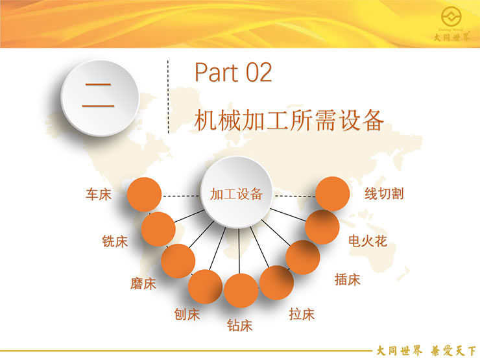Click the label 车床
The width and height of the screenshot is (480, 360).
coord(98,194)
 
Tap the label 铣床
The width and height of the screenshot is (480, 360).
coord(115,241)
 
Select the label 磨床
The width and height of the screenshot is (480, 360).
coord(143,283)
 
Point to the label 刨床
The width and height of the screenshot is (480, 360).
coord(187,314)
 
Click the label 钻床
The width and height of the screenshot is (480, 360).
coord(240,325)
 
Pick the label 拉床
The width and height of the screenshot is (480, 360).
coord(302,314)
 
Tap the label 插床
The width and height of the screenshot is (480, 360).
coord(347,280)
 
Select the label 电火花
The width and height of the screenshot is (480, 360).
coord(368,241)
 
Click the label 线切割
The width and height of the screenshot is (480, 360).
coord(384,194)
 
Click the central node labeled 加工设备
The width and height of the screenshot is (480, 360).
coord(236,192)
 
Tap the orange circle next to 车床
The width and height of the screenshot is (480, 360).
coord(144,195)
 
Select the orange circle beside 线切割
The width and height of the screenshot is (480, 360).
coord(333,194)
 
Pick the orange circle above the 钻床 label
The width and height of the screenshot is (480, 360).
coord(241,291)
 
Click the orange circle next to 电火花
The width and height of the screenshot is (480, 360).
coord(322,227)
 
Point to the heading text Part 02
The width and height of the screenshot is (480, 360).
coord(234,73)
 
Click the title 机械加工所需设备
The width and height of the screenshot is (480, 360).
coord(289,120)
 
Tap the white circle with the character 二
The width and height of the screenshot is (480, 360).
coord(100,98)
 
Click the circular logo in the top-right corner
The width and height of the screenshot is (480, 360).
coord(451,16)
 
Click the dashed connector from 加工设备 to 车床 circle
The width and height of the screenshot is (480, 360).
coord(181,196)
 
